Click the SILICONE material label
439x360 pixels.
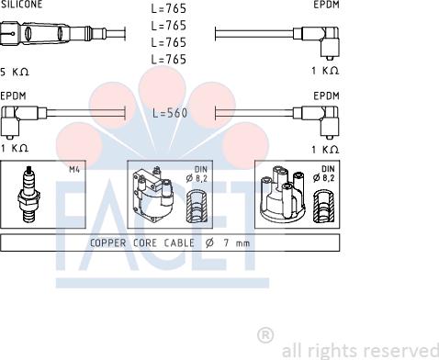pyautogui.click(x=21, y=5)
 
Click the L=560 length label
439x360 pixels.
pyautogui.click(x=170, y=113)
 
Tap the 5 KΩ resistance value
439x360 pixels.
pyautogui.click(x=15, y=73)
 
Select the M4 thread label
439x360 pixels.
pyautogui.click(x=74, y=169)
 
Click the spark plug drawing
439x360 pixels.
pyautogui.click(x=28, y=194)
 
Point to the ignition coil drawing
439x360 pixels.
pyautogui.click(x=152, y=195)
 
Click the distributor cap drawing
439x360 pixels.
pyautogui.click(x=283, y=193)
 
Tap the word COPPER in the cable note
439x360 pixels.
pyautogui.click(x=107, y=243)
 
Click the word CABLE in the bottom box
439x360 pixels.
pyautogui.click(x=179, y=243)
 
